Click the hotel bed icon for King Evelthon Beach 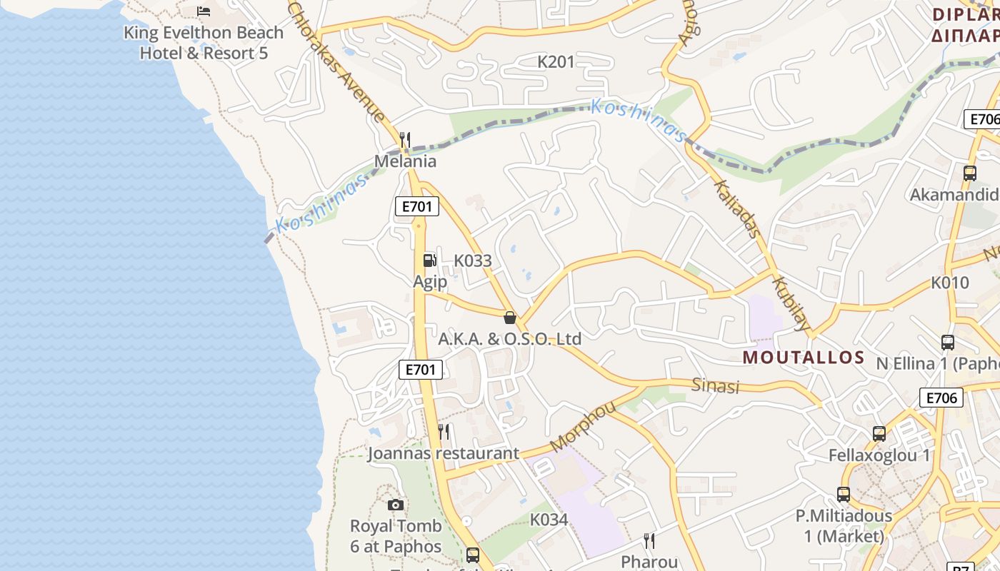(204, 11)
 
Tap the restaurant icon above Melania (405, 139)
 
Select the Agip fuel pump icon (429, 261)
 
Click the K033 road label (473, 261)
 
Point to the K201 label (556, 62)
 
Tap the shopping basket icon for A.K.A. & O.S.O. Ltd (510, 318)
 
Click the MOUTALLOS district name (804, 358)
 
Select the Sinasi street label (715, 386)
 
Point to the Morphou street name (583, 426)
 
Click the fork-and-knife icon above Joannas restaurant (444, 432)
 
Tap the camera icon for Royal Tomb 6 (396, 505)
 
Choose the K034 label (549, 520)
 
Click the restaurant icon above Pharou (649, 540)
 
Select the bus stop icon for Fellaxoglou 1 (879, 433)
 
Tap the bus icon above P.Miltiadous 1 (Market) (844, 494)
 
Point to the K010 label (950, 283)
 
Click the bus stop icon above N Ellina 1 (948, 343)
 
